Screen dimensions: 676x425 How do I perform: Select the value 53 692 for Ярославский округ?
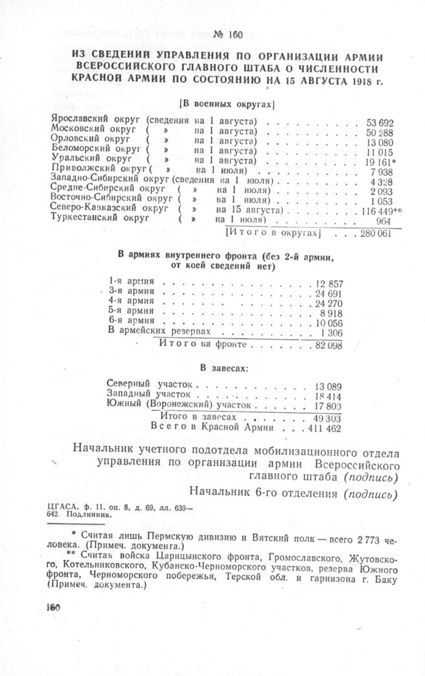(381, 122)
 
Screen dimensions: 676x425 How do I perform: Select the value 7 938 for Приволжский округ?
(383, 172)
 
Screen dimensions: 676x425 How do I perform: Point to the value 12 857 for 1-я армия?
(330, 284)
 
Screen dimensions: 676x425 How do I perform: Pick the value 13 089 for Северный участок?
(328, 387)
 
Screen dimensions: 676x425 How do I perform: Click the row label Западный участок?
(148, 393)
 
